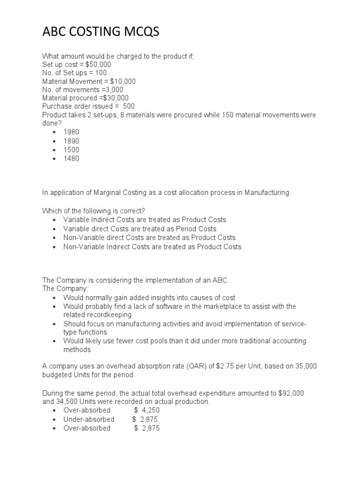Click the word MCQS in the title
tap(139, 32)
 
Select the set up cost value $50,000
tap(98, 64)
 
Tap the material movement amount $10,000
tap(123, 81)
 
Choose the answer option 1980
tap(72, 132)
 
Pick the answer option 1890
tap(72, 141)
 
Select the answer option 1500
tap(72, 150)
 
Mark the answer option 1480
tap(72, 158)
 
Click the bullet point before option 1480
tap(54, 159)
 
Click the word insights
tap(159, 298)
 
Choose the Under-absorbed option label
tap(89, 420)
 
